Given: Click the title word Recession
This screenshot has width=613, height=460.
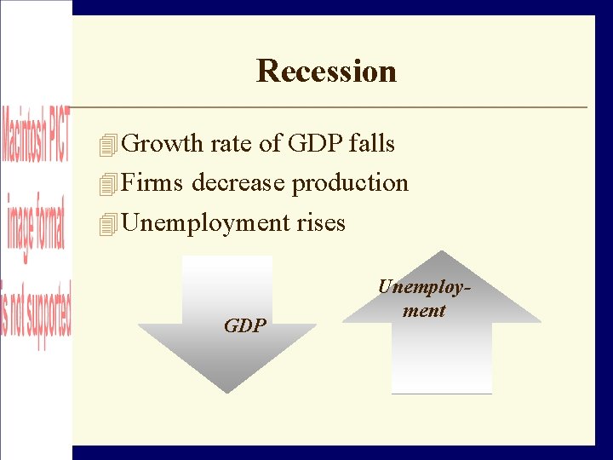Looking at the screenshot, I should (326, 71).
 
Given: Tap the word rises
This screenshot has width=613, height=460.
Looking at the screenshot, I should (321, 223).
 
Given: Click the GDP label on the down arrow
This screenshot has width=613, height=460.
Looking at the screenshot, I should (245, 325).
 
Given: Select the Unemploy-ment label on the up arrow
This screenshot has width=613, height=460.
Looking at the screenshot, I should (424, 299).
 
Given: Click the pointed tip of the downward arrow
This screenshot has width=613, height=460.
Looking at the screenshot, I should (226, 390).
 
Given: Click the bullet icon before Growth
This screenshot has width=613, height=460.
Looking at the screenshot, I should (106, 146).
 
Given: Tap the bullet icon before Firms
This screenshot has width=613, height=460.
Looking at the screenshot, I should (106, 185).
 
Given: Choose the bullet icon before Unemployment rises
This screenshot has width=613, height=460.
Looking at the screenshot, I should (106, 225).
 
